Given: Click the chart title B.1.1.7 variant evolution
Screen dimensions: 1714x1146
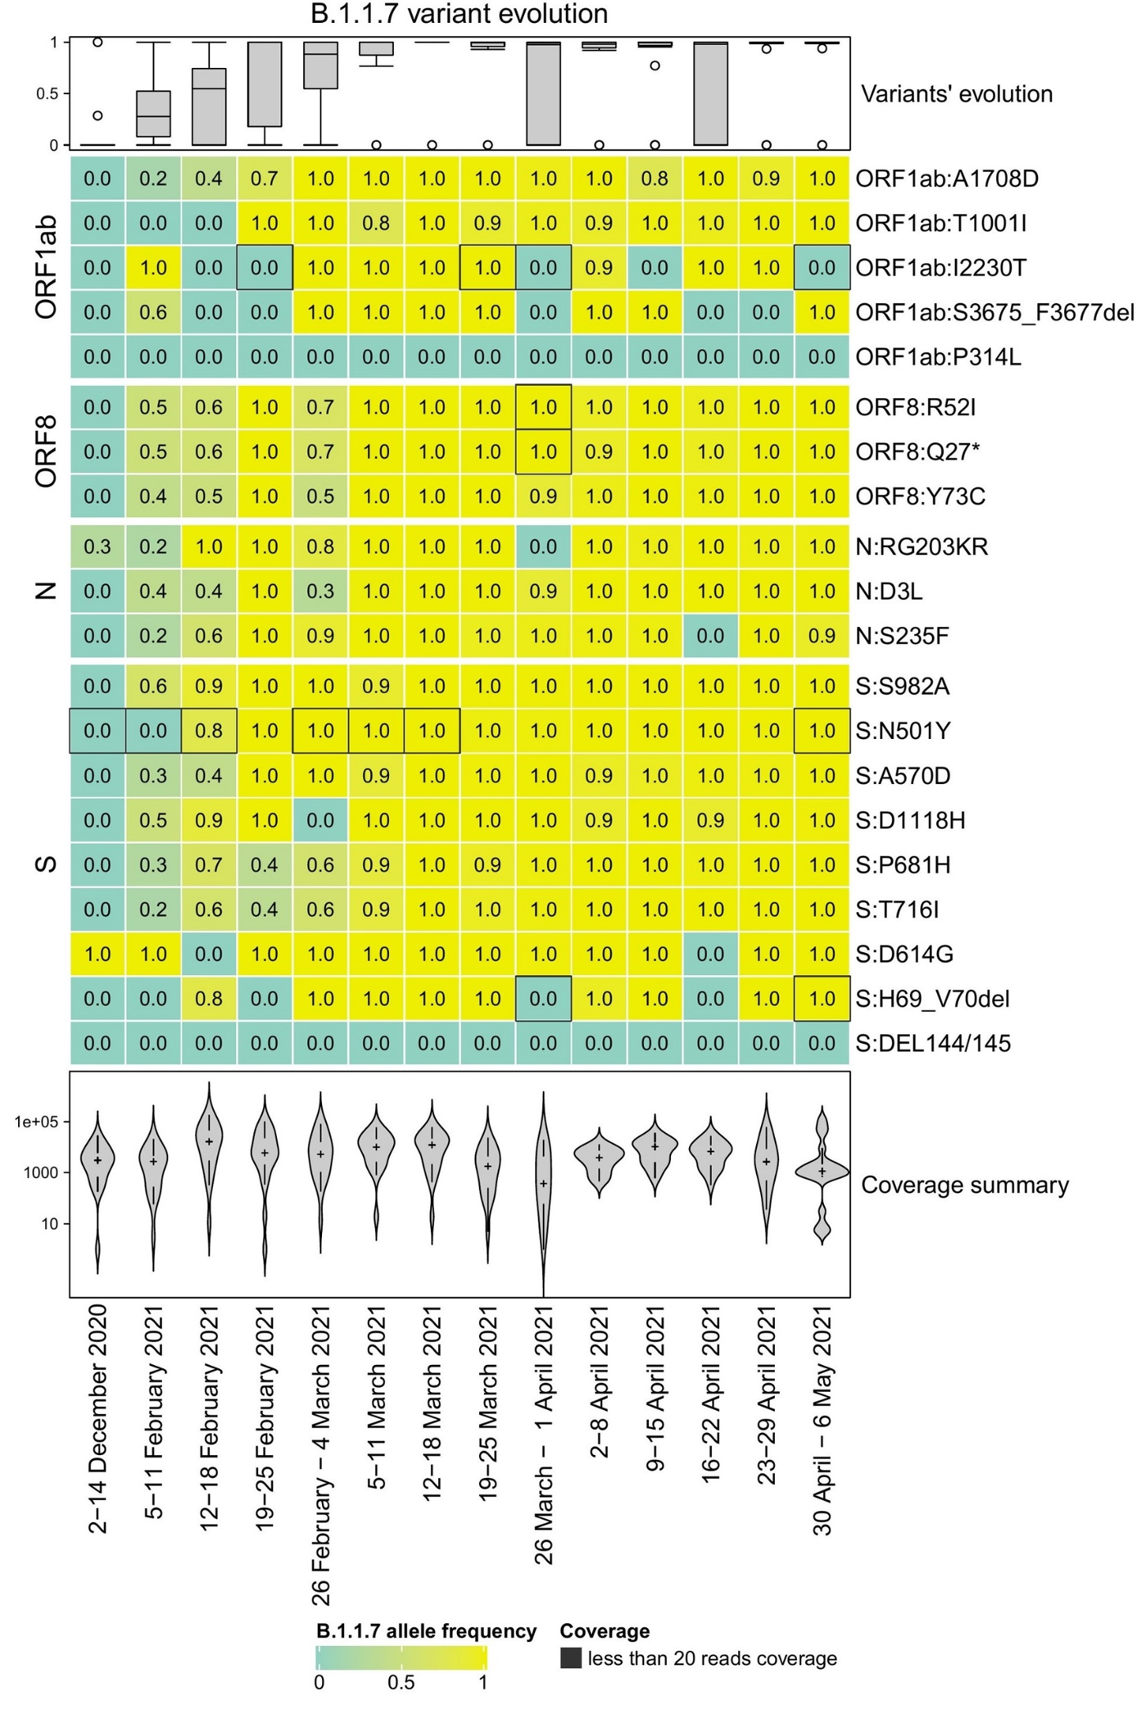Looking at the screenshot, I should pyautogui.click(x=459, y=14).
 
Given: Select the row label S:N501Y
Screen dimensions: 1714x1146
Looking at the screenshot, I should pyautogui.click(x=903, y=731).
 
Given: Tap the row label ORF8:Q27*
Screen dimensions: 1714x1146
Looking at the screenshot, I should pyautogui.click(x=917, y=451).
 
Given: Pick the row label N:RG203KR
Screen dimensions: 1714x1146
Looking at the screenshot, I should pyautogui.click(x=922, y=546).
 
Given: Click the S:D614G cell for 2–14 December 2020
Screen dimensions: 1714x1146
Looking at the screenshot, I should pyautogui.click(x=97, y=954).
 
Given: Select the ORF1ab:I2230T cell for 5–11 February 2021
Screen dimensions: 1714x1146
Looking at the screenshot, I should pyautogui.click(x=153, y=268).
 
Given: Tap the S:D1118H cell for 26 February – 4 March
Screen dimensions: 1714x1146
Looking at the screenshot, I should pyautogui.click(x=320, y=820).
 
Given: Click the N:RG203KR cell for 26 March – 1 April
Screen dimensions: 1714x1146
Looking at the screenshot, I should pyautogui.click(x=543, y=546).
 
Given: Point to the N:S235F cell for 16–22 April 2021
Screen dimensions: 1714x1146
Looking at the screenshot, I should pyautogui.click(x=710, y=636).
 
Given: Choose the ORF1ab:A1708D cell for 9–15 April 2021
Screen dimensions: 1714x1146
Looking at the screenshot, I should pyautogui.click(x=655, y=179).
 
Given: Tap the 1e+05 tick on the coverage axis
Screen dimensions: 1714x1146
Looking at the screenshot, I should pyautogui.click(x=36, y=1122).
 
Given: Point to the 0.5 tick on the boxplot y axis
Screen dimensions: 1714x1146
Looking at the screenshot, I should pyautogui.click(x=47, y=94).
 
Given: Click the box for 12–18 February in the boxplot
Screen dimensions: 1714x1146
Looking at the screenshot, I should pyautogui.click(x=209, y=106).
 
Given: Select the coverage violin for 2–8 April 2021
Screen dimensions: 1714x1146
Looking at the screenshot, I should pyautogui.click(x=599, y=1158).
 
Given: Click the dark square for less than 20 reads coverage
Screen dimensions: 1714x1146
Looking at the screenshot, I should pyautogui.click(x=570, y=1658).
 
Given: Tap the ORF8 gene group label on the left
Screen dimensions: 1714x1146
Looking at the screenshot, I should pyautogui.click(x=46, y=451).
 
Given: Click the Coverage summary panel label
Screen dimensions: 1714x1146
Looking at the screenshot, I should pyautogui.click(x=964, y=1185).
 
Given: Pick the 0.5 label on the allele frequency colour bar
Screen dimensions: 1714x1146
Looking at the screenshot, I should pyautogui.click(x=401, y=1683).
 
